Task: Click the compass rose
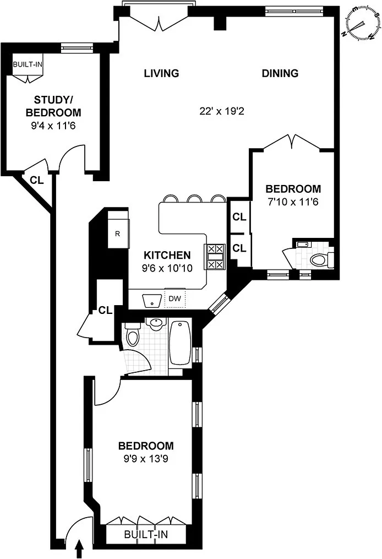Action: click(361, 24)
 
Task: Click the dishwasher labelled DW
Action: click(174, 299)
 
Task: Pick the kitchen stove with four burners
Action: click(215, 257)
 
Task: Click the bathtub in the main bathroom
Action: click(179, 343)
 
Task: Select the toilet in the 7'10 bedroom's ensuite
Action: click(321, 259)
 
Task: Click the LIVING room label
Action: click(161, 73)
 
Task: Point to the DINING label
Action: click(280, 73)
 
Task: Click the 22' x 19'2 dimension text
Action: click(222, 111)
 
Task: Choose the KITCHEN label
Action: click(167, 255)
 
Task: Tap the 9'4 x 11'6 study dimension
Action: click(53, 126)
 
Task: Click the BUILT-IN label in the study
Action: click(28, 64)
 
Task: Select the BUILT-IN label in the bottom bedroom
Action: click(146, 534)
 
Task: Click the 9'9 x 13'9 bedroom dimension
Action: click(146, 458)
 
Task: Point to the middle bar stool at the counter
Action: click(194, 199)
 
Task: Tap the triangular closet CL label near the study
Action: click(37, 181)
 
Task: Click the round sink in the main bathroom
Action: click(155, 324)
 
